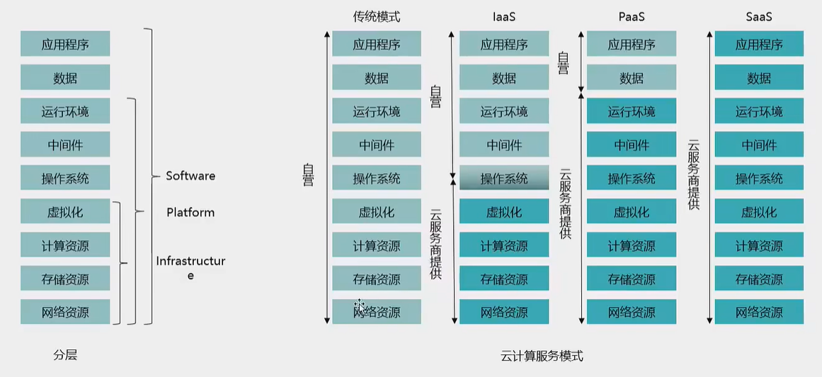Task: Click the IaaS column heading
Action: pos(504,16)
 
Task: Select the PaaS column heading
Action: pos(631,16)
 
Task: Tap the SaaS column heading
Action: pos(758,16)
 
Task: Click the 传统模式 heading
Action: pos(377,16)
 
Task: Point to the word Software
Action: pos(190,176)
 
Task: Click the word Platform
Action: pos(190,213)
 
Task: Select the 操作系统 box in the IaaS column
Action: pos(504,178)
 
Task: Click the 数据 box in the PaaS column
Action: pos(632,77)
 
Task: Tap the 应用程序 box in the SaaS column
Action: pos(759,44)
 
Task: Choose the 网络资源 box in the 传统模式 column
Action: pos(377,312)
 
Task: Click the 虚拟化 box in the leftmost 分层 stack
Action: pos(65,211)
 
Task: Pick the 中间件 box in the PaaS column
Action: pos(632,145)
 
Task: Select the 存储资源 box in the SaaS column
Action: pos(759,278)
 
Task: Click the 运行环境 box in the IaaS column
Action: pos(504,111)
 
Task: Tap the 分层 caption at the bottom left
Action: pos(65,355)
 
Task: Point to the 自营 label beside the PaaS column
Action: pos(564,63)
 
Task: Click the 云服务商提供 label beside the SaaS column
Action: pos(694,174)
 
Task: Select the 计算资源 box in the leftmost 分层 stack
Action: pos(65,245)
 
